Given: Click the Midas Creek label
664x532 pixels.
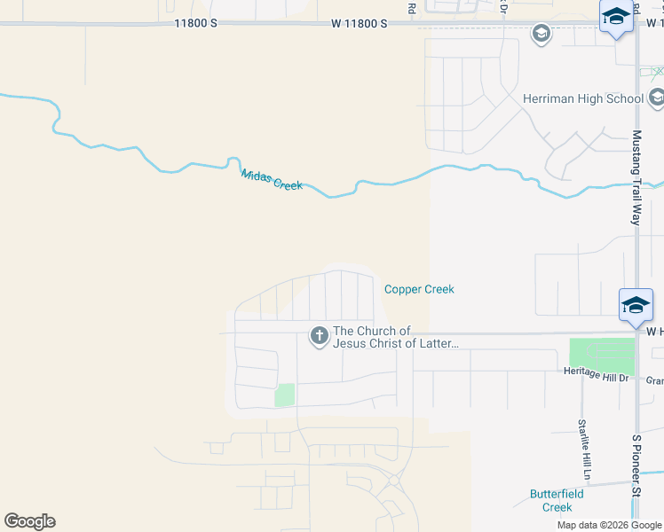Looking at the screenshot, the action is point(272,178).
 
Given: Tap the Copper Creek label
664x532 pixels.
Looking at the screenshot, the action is point(419,289).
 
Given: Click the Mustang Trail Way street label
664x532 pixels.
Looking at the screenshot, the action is point(636,177).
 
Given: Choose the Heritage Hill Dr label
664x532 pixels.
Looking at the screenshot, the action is point(596,376).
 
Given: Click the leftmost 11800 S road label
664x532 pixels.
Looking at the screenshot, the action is point(195,25).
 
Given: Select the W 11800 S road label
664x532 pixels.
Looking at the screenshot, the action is point(360,25).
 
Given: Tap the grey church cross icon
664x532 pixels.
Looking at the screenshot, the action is point(319,336).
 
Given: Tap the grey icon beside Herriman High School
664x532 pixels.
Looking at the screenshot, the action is point(657,98).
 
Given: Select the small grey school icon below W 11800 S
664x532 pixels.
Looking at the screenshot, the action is point(541,35).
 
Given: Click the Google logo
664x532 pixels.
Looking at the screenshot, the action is point(29,521).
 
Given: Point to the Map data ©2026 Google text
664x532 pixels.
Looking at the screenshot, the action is point(609,525).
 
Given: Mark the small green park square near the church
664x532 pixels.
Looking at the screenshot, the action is point(284,395).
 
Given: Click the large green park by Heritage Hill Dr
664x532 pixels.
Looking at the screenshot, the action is point(602,356).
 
